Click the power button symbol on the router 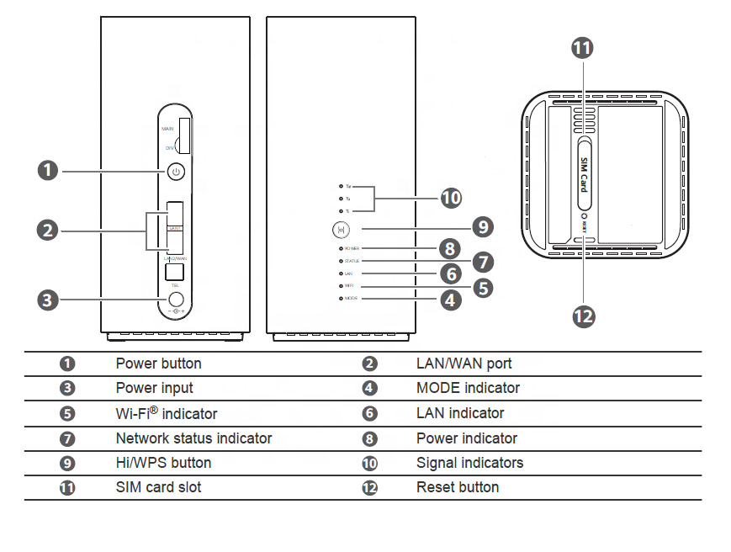coord(175,172)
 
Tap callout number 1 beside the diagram coord(49,172)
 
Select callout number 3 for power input coord(49,299)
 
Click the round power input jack coord(176,299)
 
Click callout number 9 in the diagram coord(482,227)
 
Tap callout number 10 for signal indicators coord(452,199)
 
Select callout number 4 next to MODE coord(452,299)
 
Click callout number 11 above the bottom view coord(582,48)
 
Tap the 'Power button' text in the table coord(158,364)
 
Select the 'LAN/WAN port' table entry coord(463,364)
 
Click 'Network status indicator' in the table coord(193,438)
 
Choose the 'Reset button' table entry coord(457,487)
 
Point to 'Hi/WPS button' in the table coord(163,463)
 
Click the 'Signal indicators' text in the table coord(469,463)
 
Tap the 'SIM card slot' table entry coord(158,487)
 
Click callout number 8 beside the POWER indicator coord(451,249)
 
